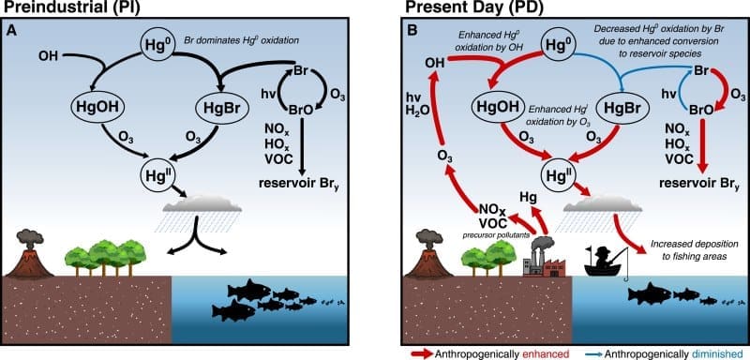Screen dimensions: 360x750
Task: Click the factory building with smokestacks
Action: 541,262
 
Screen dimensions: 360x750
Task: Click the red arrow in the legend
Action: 421,353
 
